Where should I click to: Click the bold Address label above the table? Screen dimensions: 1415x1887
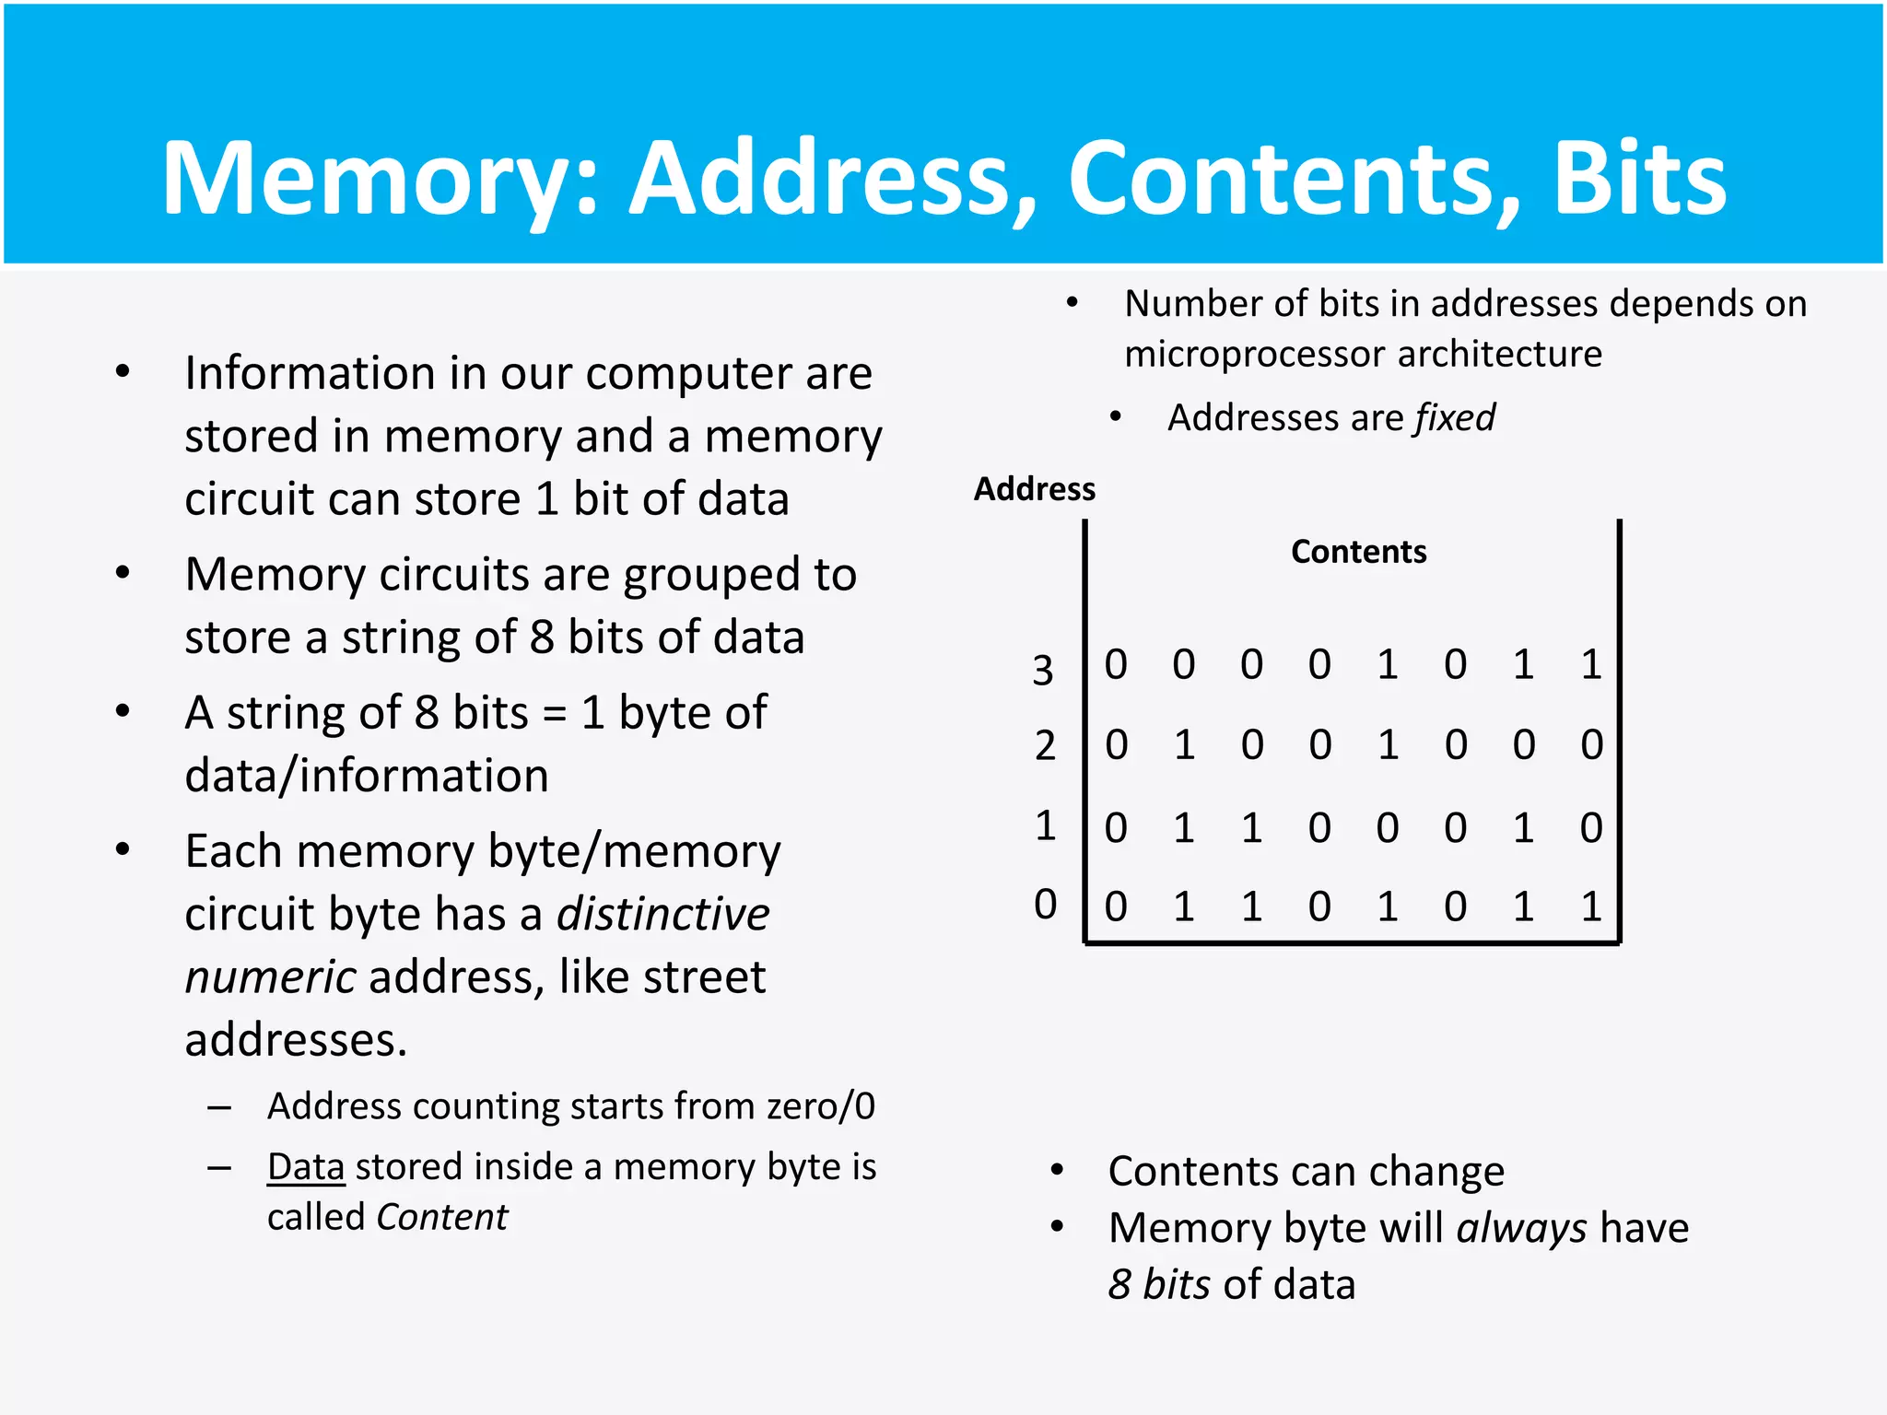(x=1035, y=489)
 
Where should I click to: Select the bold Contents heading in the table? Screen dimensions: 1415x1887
(x=1358, y=552)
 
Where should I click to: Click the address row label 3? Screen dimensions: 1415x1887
(x=1043, y=670)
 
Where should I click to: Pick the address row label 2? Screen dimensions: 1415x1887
(x=1045, y=745)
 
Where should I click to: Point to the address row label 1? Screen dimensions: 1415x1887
(x=1045, y=825)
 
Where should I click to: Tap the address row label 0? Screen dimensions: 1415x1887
(x=1045, y=905)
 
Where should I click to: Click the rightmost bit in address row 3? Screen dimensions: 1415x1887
(x=1591, y=665)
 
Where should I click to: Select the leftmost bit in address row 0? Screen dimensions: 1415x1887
(x=1116, y=907)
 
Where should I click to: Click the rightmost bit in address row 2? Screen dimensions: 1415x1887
(x=1591, y=745)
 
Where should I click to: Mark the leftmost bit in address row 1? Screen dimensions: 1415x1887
(x=1116, y=828)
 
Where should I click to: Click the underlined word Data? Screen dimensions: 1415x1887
(x=306, y=1167)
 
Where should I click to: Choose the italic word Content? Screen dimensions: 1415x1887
(x=442, y=1218)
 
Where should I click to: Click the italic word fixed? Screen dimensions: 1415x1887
(x=1455, y=418)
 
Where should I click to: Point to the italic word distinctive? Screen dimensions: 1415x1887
(x=662, y=915)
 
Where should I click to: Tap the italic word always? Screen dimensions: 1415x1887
(x=1521, y=1229)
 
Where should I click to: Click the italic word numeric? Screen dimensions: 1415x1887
(x=270, y=977)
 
